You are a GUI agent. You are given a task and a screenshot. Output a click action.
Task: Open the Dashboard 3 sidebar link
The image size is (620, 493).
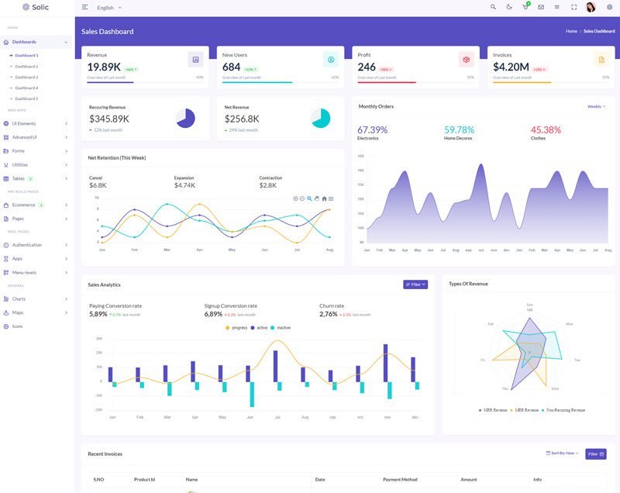tap(26, 78)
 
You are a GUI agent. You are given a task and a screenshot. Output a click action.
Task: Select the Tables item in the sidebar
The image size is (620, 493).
tap(19, 178)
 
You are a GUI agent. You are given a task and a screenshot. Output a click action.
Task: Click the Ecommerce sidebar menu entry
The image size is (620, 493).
tap(24, 205)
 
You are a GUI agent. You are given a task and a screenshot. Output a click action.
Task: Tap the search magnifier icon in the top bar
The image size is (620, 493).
tap(493, 7)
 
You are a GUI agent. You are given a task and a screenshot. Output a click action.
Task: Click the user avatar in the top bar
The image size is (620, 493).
tap(591, 7)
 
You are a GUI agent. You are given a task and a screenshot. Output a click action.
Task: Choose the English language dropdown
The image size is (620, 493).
tap(109, 8)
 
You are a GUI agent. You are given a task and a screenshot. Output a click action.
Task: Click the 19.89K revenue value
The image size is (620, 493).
tap(104, 67)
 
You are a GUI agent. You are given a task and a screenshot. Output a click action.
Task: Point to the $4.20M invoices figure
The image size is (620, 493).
tap(511, 67)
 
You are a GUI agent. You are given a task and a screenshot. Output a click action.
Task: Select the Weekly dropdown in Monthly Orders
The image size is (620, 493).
tap(595, 106)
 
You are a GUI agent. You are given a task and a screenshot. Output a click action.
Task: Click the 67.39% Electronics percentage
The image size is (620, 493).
tap(372, 129)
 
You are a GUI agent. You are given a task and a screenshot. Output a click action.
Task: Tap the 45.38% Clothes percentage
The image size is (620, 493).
tap(546, 129)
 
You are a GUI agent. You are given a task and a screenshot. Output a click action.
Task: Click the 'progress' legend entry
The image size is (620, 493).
tap(236, 328)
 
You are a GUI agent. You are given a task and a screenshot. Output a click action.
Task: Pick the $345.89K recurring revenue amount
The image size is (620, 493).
tap(109, 119)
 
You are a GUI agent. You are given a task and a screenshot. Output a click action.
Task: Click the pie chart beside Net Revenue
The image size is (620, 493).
tap(320, 118)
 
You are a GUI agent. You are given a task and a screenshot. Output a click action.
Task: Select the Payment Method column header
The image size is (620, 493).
tap(400, 480)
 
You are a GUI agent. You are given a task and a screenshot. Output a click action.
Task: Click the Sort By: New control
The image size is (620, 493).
tap(563, 453)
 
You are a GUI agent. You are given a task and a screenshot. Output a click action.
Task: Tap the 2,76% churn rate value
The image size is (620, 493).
tap(329, 314)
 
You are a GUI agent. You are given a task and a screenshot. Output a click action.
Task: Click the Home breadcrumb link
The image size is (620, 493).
tap(571, 31)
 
